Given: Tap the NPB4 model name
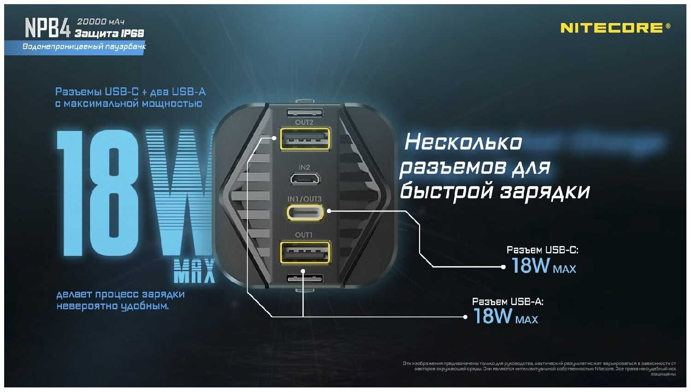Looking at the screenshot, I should point(47,29).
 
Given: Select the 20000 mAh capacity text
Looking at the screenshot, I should point(100,22).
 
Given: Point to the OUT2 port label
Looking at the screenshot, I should point(304,122).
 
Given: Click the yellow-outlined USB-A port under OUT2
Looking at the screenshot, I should point(305,138).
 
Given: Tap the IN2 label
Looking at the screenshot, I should point(304,167).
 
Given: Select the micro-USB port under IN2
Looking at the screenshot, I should point(305,178).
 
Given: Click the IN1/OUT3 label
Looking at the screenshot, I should point(305,199).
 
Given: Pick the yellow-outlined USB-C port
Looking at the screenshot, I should point(305,212).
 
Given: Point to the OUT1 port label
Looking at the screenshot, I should point(304,235).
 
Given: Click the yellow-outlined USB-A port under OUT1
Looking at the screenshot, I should point(305,253).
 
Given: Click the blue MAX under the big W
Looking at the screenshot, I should point(194,271).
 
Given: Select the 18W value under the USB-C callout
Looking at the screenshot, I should point(531,266).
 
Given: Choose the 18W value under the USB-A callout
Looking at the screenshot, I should point(492,317).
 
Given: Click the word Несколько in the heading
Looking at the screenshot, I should point(463,143).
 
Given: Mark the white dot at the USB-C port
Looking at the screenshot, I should point(329,211).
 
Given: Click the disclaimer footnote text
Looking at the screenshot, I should point(539,369).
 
